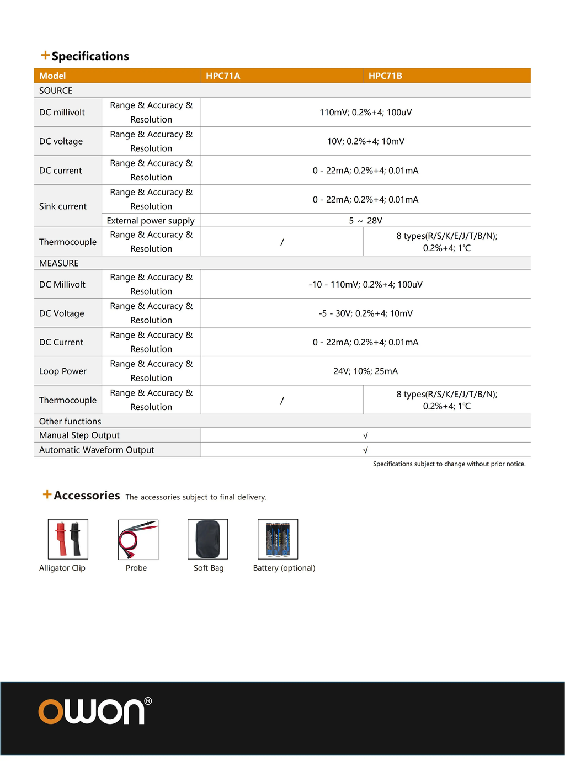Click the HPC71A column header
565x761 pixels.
click(223, 76)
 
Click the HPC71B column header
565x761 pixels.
click(385, 76)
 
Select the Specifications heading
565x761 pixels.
click(90, 56)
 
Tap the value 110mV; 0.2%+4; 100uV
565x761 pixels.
click(365, 113)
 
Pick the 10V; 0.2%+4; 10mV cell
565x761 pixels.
click(365, 141)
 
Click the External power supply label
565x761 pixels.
click(151, 221)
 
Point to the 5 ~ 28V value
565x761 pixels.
click(365, 221)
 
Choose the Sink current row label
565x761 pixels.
click(63, 206)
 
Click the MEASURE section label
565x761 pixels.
click(59, 263)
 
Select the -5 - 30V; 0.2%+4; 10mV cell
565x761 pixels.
click(365, 313)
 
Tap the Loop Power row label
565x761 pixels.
click(63, 371)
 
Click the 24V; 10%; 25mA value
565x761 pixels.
click(365, 371)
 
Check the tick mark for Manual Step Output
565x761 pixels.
click(365, 435)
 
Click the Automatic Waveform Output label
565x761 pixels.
click(97, 450)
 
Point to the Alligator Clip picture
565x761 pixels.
click(68, 539)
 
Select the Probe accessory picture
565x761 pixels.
click(138, 539)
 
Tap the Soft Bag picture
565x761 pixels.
click(207, 539)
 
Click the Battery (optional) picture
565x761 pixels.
click(278, 539)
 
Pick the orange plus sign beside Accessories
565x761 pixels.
click(47, 494)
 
